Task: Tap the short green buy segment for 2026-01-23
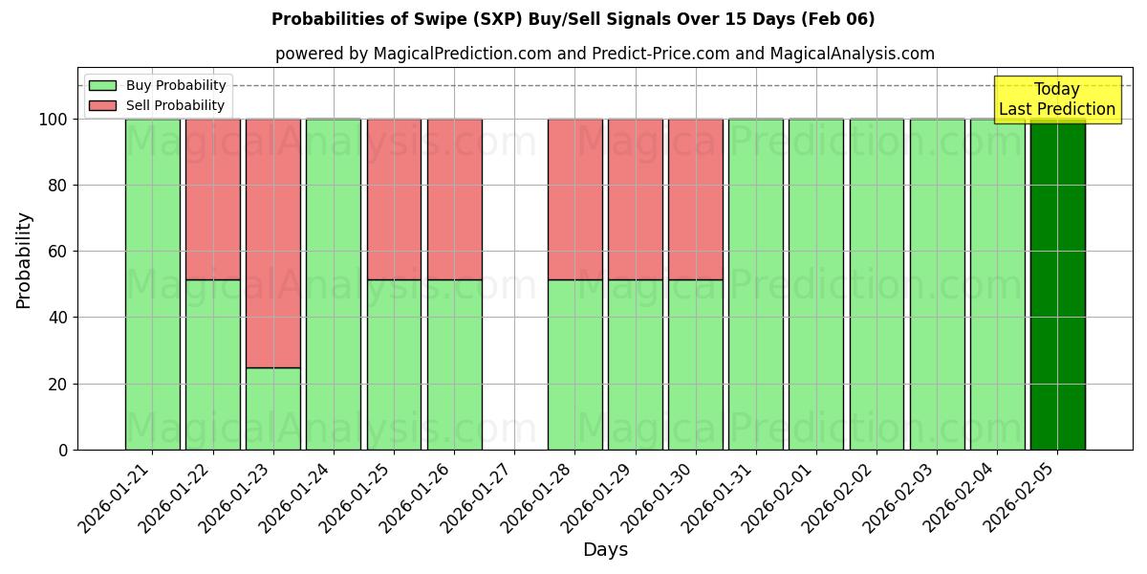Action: click(273, 408)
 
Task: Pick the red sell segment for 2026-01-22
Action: click(213, 199)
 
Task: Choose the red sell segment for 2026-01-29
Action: click(636, 199)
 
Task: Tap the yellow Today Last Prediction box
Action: click(1057, 99)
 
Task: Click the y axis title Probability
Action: click(24, 260)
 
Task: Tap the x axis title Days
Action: click(605, 550)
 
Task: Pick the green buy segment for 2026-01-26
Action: click(454, 364)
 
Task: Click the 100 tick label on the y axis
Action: click(53, 120)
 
